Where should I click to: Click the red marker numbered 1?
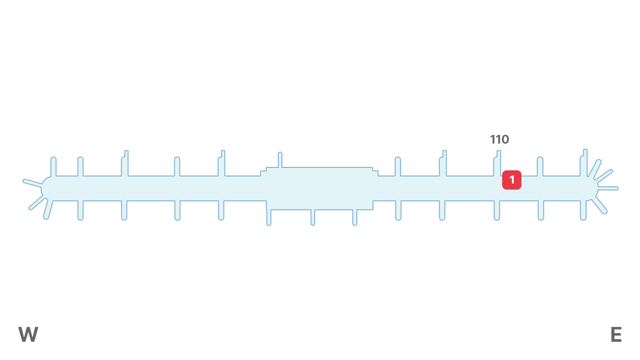tap(512, 180)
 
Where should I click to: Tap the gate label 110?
tap(499, 140)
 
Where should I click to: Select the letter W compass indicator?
tap(28, 334)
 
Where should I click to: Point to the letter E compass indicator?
tap(616, 334)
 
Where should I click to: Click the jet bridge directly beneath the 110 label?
tap(497, 164)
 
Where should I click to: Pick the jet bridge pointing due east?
tap(608, 188)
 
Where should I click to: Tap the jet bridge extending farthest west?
tap(32, 183)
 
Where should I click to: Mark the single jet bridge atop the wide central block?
tap(280, 160)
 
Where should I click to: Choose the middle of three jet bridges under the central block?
tap(313, 217)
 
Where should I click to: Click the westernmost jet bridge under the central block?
tap(269, 217)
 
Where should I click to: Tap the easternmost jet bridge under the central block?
tap(355, 217)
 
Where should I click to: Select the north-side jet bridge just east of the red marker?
tap(540, 167)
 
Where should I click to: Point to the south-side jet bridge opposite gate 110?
tap(497, 210)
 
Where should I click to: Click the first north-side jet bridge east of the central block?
tap(398, 167)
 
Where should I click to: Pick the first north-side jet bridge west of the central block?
tap(222, 164)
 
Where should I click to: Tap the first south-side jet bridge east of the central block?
tap(398, 210)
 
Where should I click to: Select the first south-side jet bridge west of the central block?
tap(221, 210)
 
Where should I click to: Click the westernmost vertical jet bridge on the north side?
tap(53, 167)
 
